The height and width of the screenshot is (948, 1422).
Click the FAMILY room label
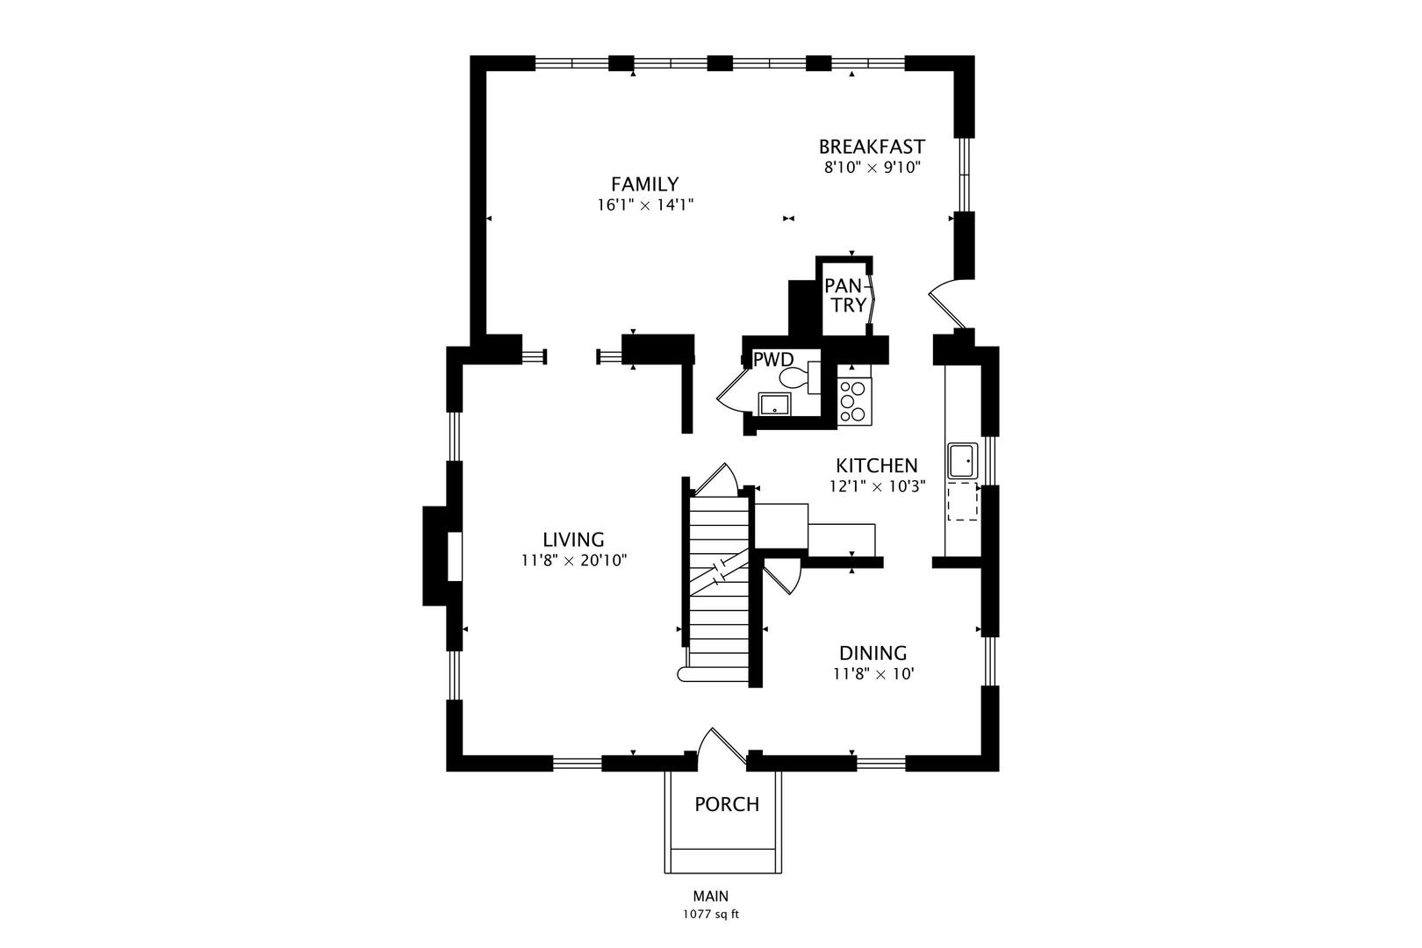pyautogui.click(x=645, y=184)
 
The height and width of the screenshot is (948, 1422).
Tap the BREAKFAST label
pyautogui.click(x=872, y=147)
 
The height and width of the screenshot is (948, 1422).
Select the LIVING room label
pyautogui.click(x=573, y=540)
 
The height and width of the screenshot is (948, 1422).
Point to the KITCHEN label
pyautogui.click(x=877, y=466)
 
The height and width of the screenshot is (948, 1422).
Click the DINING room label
pyautogui.click(x=873, y=653)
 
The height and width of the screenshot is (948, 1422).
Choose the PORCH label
pyautogui.click(x=727, y=805)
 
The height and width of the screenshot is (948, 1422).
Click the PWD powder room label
pyautogui.click(x=773, y=360)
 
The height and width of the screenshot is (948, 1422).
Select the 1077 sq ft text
pyautogui.click(x=711, y=915)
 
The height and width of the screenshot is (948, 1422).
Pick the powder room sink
pyautogui.click(x=774, y=405)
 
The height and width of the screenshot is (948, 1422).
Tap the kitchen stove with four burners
pyautogui.click(x=854, y=401)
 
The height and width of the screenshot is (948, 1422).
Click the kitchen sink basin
pyautogui.click(x=963, y=460)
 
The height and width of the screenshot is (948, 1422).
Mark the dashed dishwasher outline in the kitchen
pyautogui.click(x=963, y=501)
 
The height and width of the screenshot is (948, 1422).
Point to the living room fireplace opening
pyautogui.click(x=455, y=557)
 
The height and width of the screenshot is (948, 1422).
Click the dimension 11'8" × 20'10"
pyautogui.click(x=575, y=561)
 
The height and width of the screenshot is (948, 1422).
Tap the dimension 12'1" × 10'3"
pyautogui.click(x=877, y=487)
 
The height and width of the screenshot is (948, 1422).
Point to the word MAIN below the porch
pyautogui.click(x=711, y=896)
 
